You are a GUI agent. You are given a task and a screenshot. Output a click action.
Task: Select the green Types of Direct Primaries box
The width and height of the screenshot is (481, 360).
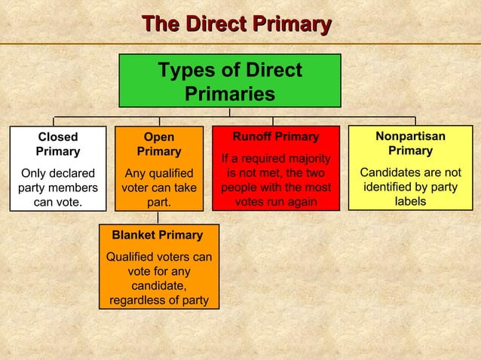(x=229, y=81)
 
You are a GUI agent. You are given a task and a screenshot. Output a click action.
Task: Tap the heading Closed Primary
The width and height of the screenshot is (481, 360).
(x=57, y=144)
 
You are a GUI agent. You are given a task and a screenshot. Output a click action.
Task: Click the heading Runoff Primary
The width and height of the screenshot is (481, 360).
(x=275, y=137)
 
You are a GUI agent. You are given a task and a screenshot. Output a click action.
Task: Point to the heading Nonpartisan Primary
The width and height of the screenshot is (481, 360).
(x=411, y=143)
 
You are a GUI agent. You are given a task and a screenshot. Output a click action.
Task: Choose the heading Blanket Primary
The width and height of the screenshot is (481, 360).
(x=157, y=235)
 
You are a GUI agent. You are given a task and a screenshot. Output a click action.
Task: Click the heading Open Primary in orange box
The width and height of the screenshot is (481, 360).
(x=158, y=144)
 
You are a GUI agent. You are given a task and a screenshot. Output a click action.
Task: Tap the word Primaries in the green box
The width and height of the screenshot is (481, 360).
(x=229, y=95)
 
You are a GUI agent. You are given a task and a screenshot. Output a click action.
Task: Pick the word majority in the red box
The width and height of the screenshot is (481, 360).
(x=305, y=159)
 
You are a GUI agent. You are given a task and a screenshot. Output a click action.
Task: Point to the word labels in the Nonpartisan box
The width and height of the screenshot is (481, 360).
(x=411, y=202)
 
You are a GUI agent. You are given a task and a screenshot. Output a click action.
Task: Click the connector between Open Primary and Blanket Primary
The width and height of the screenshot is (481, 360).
(x=158, y=217)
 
